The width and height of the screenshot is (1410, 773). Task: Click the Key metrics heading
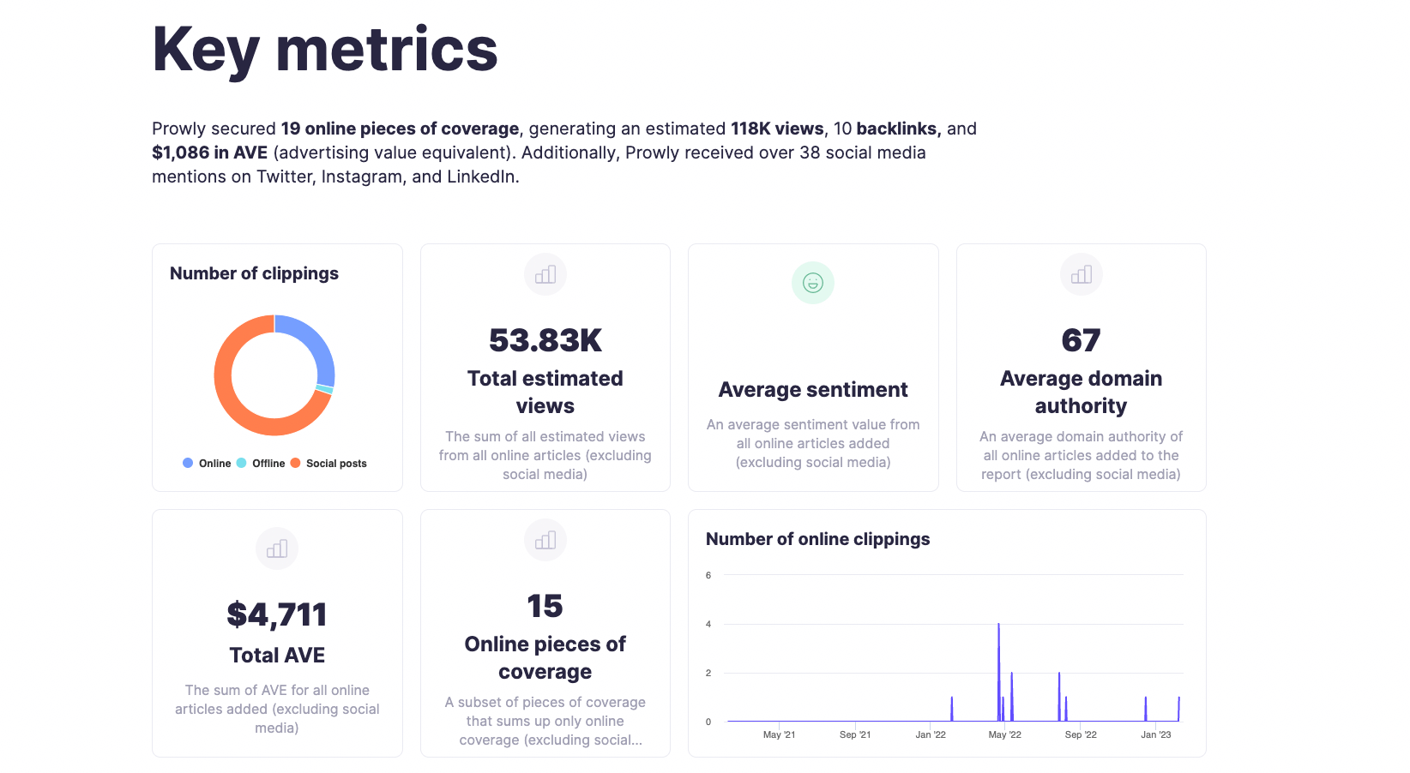click(x=324, y=50)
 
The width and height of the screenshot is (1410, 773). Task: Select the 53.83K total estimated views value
click(x=545, y=340)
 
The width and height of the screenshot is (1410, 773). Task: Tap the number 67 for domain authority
click(x=1081, y=340)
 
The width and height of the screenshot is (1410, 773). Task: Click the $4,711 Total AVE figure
click(x=276, y=614)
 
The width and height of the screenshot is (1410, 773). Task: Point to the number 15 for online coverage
click(x=545, y=606)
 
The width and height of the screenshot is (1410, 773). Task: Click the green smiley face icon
click(x=812, y=283)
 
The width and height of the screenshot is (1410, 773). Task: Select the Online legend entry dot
click(x=188, y=463)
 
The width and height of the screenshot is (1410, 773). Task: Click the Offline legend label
click(x=268, y=464)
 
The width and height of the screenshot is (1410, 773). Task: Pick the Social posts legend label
click(x=336, y=464)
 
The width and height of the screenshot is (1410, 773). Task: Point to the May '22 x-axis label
click(x=1004, y=734)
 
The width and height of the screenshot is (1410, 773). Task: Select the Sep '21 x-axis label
click(x=854, y=734)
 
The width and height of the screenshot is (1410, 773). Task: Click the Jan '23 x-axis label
click(x=1155, y=734)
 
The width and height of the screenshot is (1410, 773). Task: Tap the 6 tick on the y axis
click(x=708, y=575)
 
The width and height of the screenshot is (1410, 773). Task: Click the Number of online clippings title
click(x=817, y=539)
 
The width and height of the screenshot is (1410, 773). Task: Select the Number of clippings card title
click(x=254, y=273)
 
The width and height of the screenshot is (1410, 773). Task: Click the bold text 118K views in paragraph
click(x=776, y=129)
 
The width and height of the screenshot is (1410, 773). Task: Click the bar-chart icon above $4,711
click(x=276, y=548)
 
